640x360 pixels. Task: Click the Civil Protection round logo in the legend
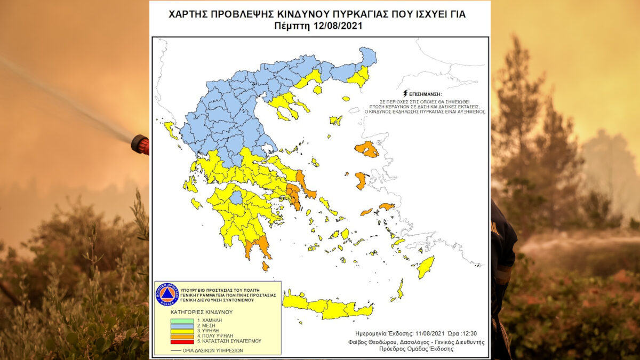pyautogui.click(x=166, y=294)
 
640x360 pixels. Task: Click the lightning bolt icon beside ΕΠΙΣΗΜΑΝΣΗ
pyautogui.click(x=407, y=92)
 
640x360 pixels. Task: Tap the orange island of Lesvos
pyautogui.click(x=367, y=149)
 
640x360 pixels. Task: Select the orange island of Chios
pyautogui.click(x=361, y=180)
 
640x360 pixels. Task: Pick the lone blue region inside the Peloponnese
pyautogui.click(x=236, y=198)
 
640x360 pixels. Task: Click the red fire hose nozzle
pyautogui.click(x=140, y=145)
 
